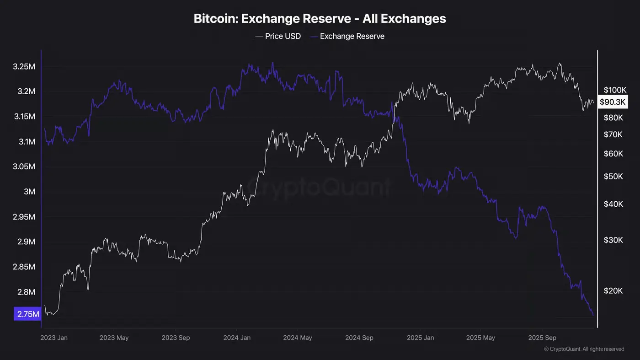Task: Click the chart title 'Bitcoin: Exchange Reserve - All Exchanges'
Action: (x=320, y=19)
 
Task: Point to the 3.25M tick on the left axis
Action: (x=25, y=67)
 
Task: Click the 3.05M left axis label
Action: (x=25, y=167)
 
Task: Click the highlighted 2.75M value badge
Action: (x=27, y=314)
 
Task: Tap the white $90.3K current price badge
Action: (x=613, y=102)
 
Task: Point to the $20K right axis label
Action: (x=613, y=291)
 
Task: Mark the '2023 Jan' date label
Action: (x=54, y=338)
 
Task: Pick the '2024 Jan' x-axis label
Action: (x=237, y=338)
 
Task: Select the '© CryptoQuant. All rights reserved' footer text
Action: (x=584, y=349)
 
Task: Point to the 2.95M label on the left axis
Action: (x=25, y=217)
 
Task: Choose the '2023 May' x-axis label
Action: (x=114, y=338)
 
